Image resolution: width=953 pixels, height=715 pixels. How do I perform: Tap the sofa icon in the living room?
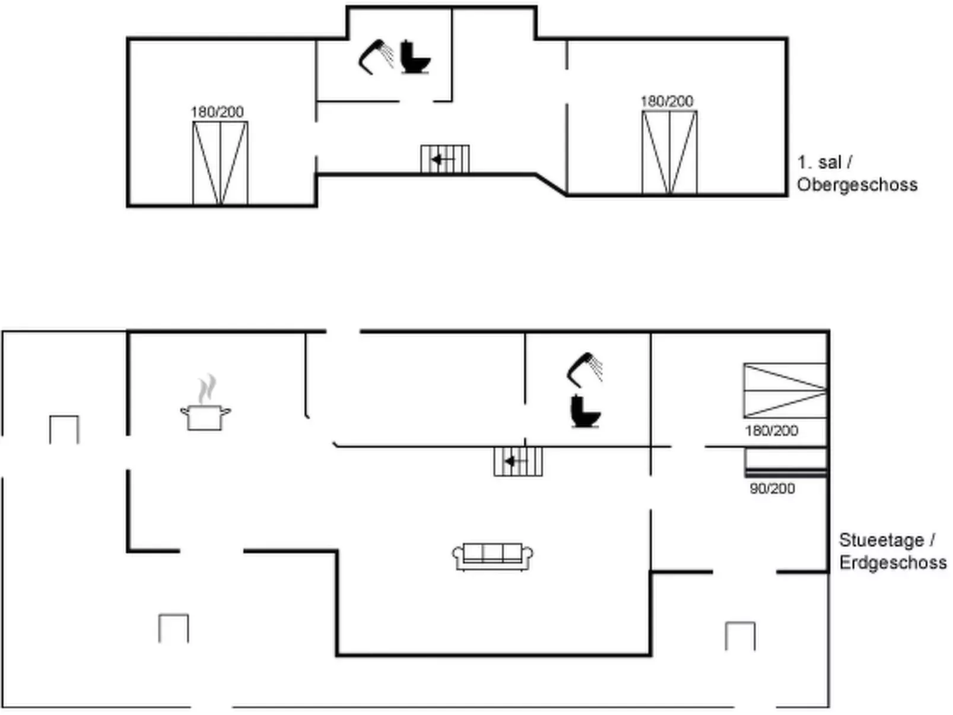(x=493, y=557)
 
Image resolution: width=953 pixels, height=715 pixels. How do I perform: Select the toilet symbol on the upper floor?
(x=415, y=58)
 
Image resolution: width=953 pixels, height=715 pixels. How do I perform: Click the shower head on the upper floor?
(x=376, y=56)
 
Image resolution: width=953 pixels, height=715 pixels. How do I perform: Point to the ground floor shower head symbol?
(x=584, y=369)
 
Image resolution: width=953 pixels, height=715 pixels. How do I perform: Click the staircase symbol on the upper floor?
(x=445, y=159)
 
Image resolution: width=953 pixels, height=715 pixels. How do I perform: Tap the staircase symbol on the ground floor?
(x=518, y=461)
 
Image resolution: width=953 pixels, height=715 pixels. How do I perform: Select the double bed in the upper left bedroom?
(x=220, y=163)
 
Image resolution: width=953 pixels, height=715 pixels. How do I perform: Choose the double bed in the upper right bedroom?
(x=669, y=152)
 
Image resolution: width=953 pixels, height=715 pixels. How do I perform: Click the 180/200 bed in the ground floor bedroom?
(x=784, y=390)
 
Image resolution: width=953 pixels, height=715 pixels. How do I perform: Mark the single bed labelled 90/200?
(x=786, y=462)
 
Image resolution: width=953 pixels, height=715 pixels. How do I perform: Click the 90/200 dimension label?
(x=772, y=489)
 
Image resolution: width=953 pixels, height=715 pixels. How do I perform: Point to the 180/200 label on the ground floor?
(x=771, y=431)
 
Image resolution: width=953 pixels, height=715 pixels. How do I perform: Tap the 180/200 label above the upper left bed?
(x=217, y=112)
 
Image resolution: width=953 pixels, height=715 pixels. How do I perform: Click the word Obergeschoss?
(x=857, y=185)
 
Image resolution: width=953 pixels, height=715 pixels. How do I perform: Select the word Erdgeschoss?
(x=892, y=563)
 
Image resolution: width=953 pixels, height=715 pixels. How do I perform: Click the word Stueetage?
(x=882, y=541)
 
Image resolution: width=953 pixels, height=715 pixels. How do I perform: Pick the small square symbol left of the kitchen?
(x=64, y=430)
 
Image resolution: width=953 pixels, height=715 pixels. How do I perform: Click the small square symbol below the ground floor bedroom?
(x=740, y=636)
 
